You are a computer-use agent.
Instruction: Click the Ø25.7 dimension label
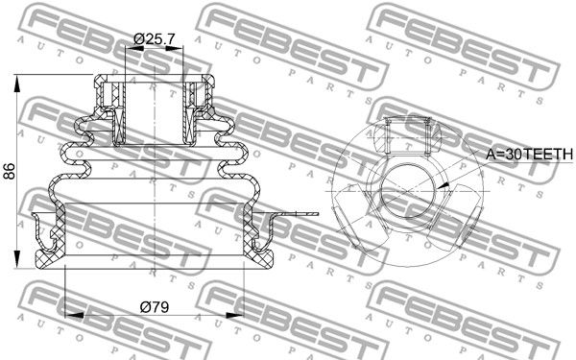(x=154, y=38)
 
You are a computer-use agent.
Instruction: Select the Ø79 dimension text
(x=155, y=307)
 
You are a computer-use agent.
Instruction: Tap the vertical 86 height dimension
(x=10, y=171)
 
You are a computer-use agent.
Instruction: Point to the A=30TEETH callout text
(x=529, y=154)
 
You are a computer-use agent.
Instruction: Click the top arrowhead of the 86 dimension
(x=17, y=84)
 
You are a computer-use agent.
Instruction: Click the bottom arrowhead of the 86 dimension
(x=17, y=259)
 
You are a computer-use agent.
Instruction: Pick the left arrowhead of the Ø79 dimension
(x=74, y=315)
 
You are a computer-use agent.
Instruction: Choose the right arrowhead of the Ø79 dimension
(x=235, y=315)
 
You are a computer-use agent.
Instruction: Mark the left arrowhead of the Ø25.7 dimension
(x=134, y=48)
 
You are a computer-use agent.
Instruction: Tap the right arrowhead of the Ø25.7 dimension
(x=174, y=48)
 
